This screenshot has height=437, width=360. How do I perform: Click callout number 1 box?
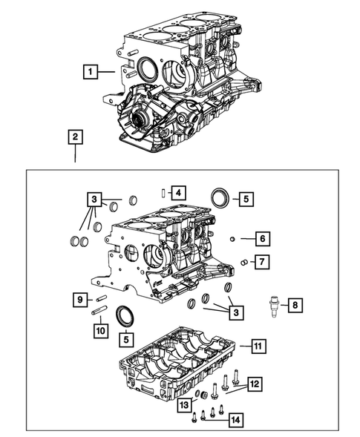click(x=89, y=72)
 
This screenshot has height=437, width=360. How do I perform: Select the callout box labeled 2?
click(x=74, y=137)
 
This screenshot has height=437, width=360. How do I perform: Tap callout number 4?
click(x=177, y=193)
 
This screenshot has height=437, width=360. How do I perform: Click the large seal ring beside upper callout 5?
click(x=220, y=198)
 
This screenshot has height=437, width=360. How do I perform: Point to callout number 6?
click(x=262, y=238)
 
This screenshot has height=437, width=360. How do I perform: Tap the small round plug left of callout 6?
click(x=232, y=238)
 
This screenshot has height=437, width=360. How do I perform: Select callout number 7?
click(x=262, y=262)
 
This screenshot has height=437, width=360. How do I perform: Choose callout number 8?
click(x=295, y=305)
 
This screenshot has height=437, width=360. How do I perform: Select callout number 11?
click(x=257, y=346)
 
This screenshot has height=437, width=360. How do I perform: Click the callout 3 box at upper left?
click(x=93, y=199)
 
